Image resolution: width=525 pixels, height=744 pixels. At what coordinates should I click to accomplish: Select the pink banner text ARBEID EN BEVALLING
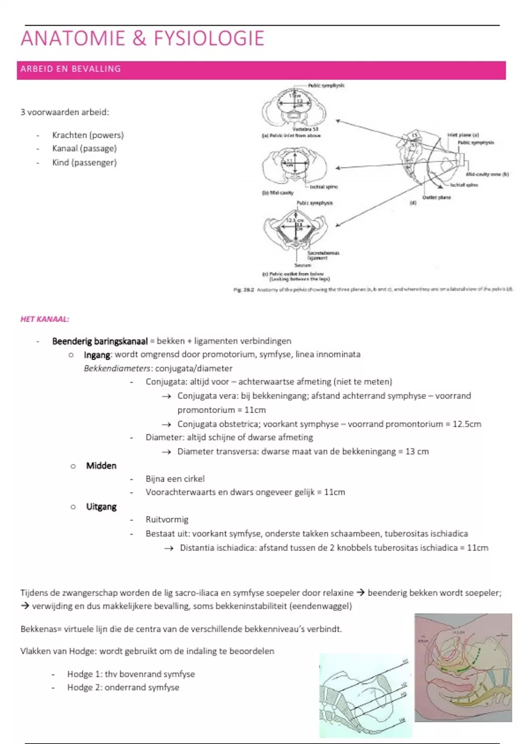[70, 69]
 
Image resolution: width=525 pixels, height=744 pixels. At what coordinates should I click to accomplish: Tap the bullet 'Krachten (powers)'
[88, 135]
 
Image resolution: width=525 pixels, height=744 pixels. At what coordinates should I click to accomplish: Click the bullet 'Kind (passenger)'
[84, 163]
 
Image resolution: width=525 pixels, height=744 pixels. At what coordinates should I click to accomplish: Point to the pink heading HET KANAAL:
[45, 319]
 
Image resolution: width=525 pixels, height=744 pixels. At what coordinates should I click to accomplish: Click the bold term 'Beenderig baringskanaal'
[100, 341]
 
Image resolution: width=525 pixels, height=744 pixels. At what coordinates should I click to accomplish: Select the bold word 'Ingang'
[97, 355]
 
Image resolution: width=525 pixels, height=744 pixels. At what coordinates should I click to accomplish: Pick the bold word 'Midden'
[101, 466]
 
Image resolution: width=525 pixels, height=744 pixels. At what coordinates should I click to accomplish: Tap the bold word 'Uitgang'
[101, 507]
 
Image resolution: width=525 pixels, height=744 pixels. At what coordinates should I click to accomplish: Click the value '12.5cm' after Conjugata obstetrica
[467, 424]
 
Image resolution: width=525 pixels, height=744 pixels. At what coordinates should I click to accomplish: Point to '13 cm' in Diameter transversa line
[417, 452]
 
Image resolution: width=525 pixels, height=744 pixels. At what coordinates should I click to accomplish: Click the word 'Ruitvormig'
[167, 520]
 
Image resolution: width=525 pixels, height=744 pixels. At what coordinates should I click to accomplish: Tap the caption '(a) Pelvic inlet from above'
[291, 136]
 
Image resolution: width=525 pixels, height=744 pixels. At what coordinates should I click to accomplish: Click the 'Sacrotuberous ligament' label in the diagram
[323, 256]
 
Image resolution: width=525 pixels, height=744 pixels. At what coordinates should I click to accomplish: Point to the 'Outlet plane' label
[436, 197]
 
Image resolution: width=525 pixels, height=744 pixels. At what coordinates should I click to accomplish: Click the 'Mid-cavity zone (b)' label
[487, 174]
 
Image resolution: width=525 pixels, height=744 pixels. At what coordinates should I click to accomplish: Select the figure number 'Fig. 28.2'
[244, 290]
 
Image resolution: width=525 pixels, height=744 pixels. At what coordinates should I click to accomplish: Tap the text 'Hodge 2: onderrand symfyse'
[123, 688]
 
